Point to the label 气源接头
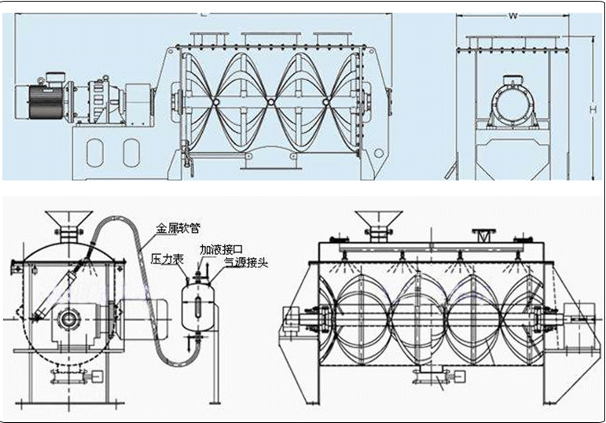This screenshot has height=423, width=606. click(x=246, y=263)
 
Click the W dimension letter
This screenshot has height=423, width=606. click(x=513, y=13)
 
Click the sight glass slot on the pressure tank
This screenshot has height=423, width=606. click(x=199, y=308)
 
